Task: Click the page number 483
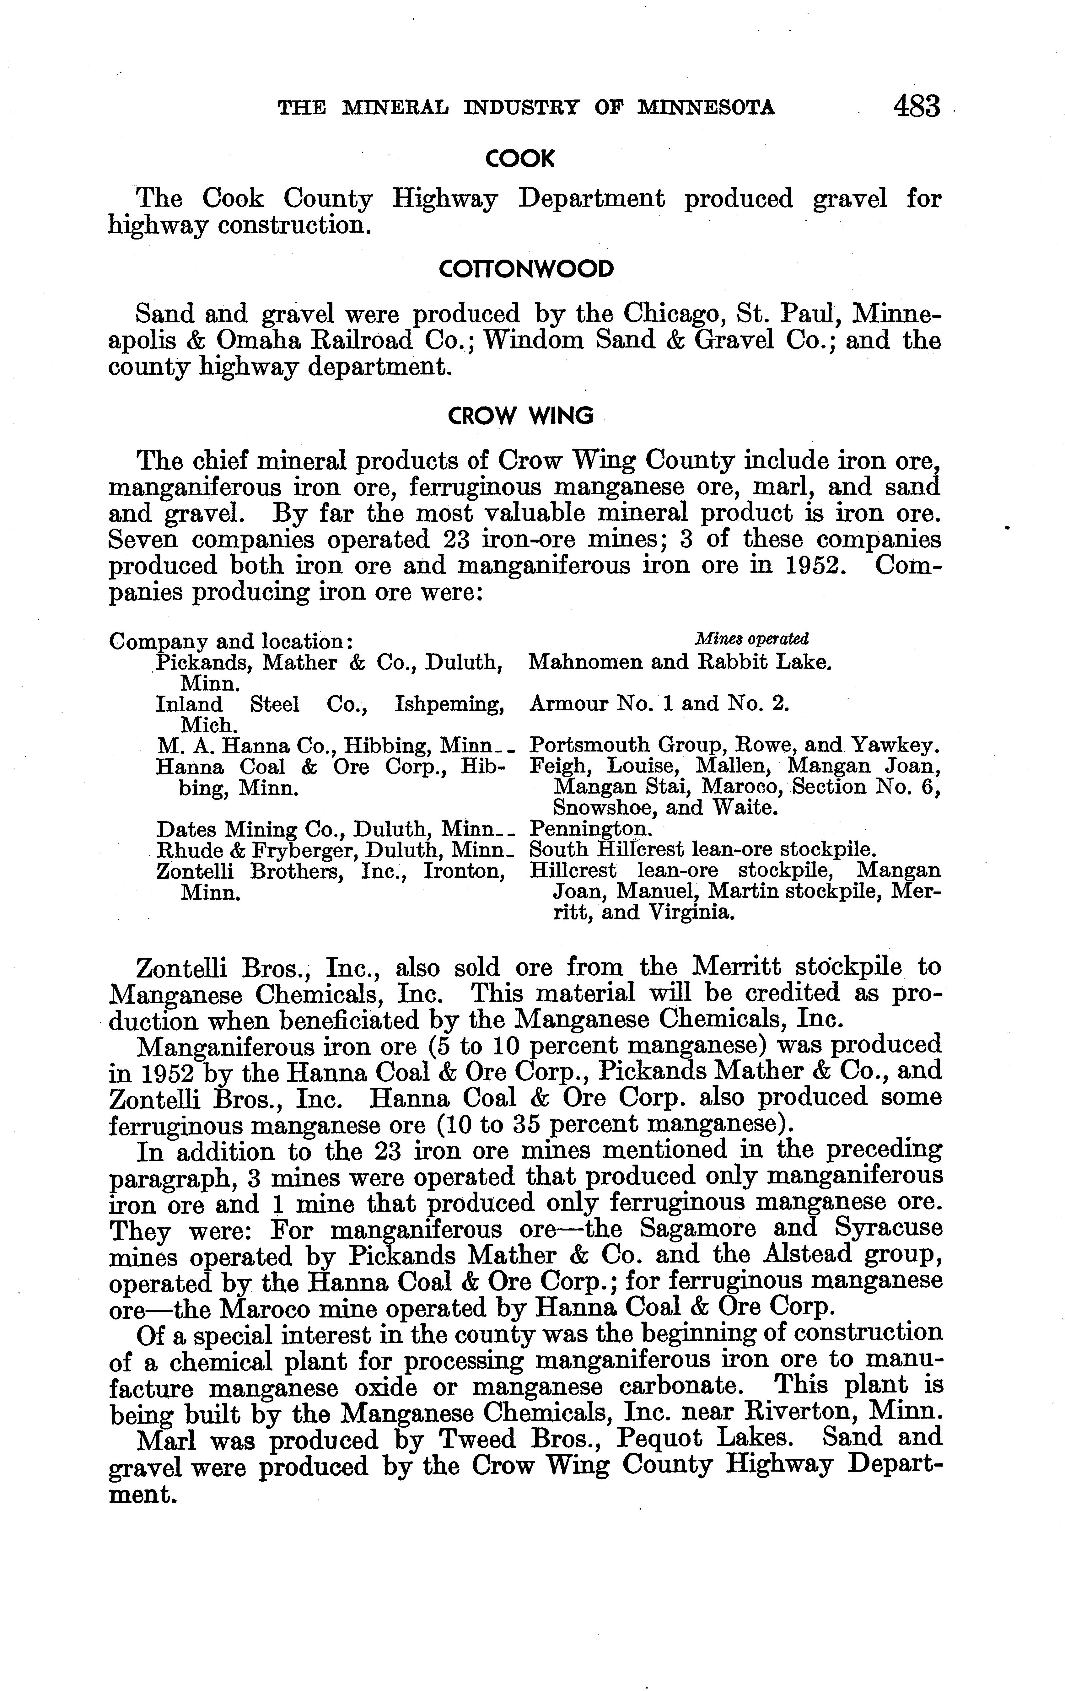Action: (x=916, y=107)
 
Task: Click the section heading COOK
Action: (x=519, y=160)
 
